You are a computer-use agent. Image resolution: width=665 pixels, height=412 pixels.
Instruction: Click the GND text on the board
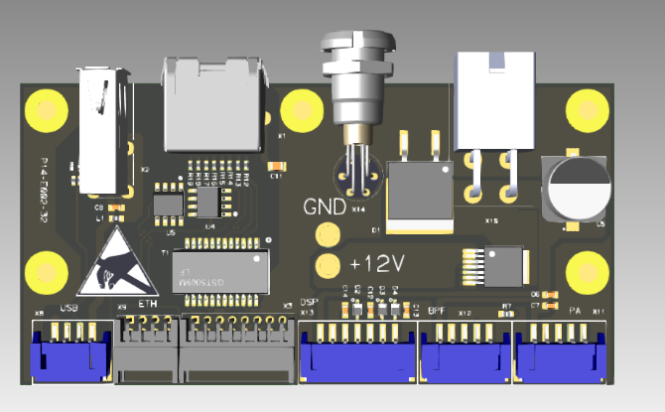click(324, 206)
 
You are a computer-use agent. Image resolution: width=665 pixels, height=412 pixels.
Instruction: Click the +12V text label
click(377, 264)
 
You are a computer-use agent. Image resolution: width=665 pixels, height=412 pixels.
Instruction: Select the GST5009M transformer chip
click(219, 269)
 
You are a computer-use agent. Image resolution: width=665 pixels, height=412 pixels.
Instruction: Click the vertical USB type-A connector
click(101, 129)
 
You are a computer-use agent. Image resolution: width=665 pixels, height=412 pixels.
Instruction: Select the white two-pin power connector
click(492, 99)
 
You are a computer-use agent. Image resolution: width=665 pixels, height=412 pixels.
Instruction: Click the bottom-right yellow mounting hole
click(586, 269)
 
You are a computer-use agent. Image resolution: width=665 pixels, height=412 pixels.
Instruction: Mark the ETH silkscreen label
click(147, 303)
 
